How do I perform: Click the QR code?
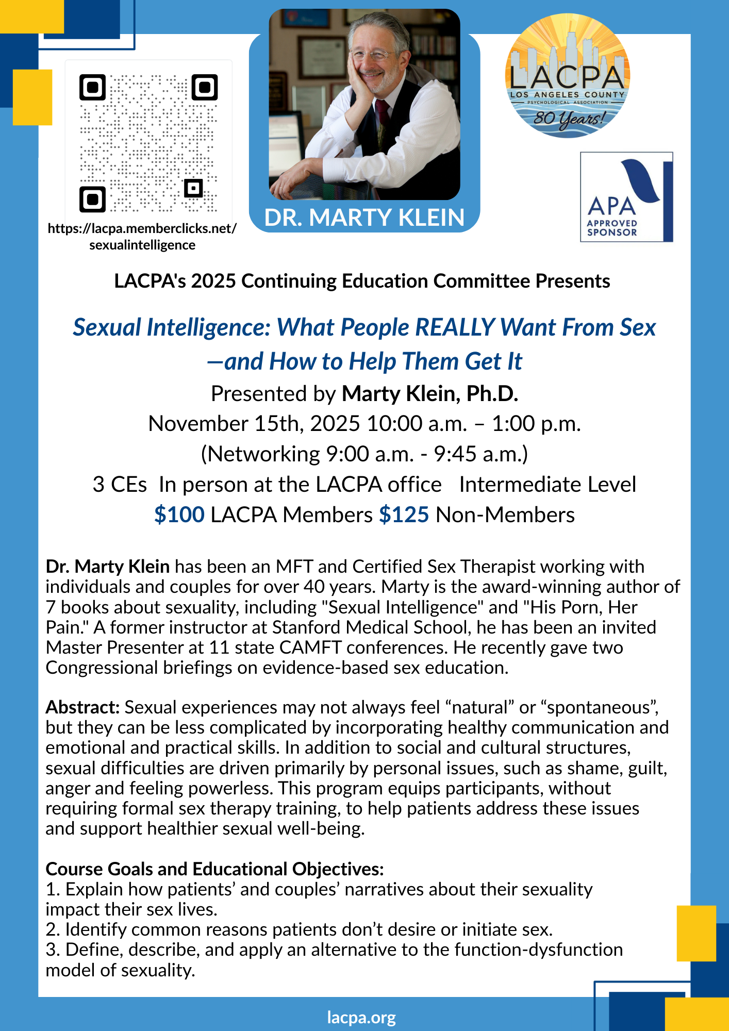(x=148, y=143)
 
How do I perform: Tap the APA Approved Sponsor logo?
(x=626, y=197)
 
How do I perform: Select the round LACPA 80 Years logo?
(x=567, y=76)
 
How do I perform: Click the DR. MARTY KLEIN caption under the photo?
(x=364, y=218)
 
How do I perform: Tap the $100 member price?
(x=179, y=515)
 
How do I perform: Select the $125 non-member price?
(x=404, y=515)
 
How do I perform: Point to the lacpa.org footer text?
(x=361, y=1018)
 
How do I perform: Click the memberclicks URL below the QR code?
(x=142, y=237)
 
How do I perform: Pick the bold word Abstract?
(x=82, y=707)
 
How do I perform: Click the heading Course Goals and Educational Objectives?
(x=214, y=869)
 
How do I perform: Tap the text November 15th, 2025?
(x=254, y=424)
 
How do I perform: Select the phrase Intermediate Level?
(x=548, y=485)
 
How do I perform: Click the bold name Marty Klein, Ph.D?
(x=430, y=394)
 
